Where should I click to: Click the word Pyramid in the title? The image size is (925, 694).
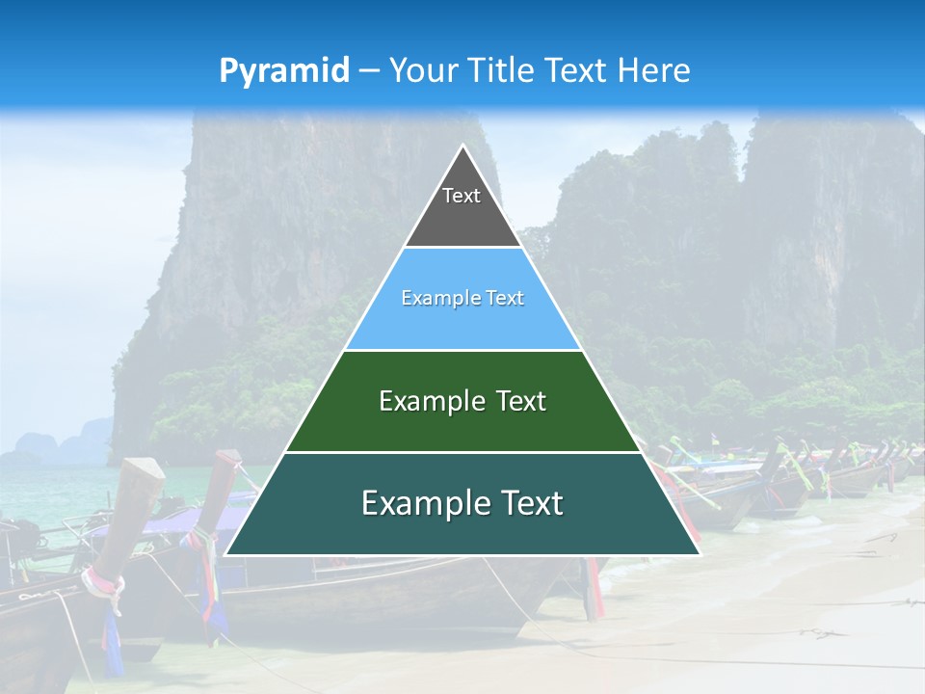(283, 71)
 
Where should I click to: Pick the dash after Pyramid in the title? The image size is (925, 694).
(368, 71)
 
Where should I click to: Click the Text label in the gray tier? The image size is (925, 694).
(462, 196)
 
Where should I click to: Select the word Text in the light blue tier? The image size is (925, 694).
(505, 298)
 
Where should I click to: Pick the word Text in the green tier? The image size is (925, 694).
(520, 401)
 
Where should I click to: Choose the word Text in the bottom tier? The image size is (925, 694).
(531, 503)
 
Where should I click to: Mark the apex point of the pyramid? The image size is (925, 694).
(462, 146)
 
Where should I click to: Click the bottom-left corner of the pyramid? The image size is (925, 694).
(225, 554)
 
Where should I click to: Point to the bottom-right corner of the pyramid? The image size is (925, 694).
(700, 554)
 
